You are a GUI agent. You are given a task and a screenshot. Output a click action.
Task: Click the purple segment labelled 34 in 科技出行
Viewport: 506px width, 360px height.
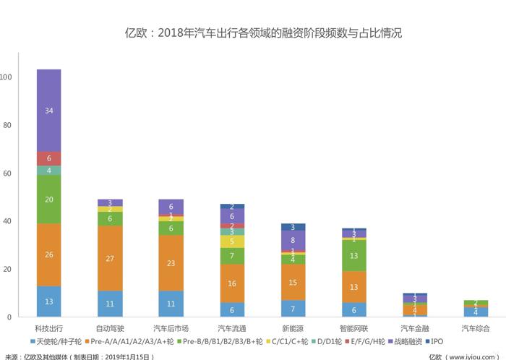tap(48, 111)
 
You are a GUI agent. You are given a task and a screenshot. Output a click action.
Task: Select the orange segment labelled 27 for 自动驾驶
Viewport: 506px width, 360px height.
tap(110, 259)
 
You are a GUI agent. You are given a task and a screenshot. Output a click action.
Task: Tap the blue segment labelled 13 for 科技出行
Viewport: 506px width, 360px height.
tap(48, 301)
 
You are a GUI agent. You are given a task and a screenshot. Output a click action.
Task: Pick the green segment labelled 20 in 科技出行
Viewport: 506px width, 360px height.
tap(48, 200)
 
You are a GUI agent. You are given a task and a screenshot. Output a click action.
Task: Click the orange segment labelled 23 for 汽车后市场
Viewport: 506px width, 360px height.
tap(171, 264)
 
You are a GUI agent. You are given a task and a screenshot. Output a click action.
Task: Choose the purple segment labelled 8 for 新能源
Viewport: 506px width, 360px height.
tap(293, 240)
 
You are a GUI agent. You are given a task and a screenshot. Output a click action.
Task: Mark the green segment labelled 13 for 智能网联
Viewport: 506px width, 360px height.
tap(354, 256)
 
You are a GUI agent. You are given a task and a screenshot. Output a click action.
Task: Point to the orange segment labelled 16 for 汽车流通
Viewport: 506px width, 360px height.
tap(232, 283)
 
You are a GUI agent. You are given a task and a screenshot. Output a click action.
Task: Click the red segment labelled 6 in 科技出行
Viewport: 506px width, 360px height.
tap(48, 158)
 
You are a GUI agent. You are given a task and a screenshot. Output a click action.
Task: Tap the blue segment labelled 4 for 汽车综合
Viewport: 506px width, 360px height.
tap(476, 312)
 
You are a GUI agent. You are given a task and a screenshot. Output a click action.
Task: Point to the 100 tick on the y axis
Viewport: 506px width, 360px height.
tap(7, 77)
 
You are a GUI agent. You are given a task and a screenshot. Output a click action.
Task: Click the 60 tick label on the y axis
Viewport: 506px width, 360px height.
tap(7, 173)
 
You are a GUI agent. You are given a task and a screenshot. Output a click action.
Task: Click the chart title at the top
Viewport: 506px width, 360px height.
tap(253, 33)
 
